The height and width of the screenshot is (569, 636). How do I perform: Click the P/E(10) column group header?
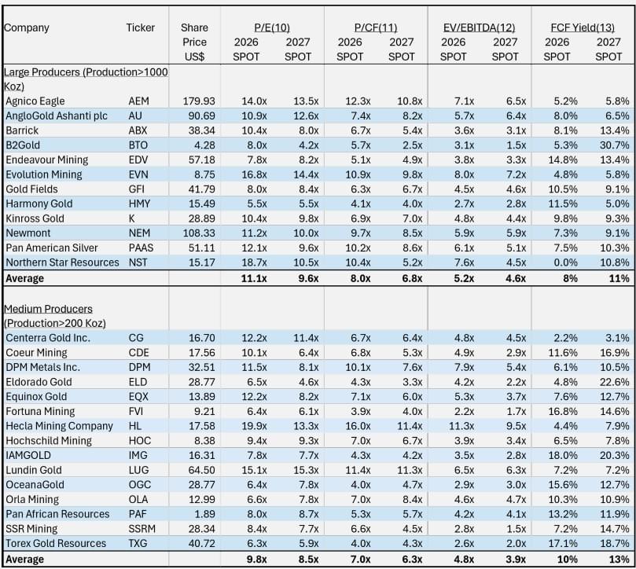[272, 28]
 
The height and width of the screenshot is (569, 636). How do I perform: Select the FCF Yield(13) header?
[583, 28]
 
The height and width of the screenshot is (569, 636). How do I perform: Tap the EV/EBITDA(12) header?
[479, 28]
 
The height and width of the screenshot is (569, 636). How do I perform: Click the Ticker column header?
[141, 28]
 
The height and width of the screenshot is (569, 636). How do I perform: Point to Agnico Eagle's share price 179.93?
[199, 101]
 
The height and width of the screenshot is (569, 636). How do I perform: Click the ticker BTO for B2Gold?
[138, 145]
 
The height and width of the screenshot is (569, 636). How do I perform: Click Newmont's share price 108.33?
[199, 233]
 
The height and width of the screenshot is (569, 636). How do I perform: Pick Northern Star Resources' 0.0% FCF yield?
[566, 262]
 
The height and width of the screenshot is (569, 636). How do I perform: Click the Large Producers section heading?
[86, 79]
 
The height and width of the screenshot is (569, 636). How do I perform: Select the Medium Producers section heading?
[55, 316]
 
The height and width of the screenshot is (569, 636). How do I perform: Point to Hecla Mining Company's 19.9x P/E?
[254, 426]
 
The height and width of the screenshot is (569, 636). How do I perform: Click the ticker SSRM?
[142, 529]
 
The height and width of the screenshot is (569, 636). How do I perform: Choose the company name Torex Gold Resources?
[56, 543]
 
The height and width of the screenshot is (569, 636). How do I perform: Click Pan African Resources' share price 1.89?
[205, 514]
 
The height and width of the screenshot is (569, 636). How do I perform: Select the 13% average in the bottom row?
[619, 560]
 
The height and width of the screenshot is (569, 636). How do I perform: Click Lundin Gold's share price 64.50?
[201, 470]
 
